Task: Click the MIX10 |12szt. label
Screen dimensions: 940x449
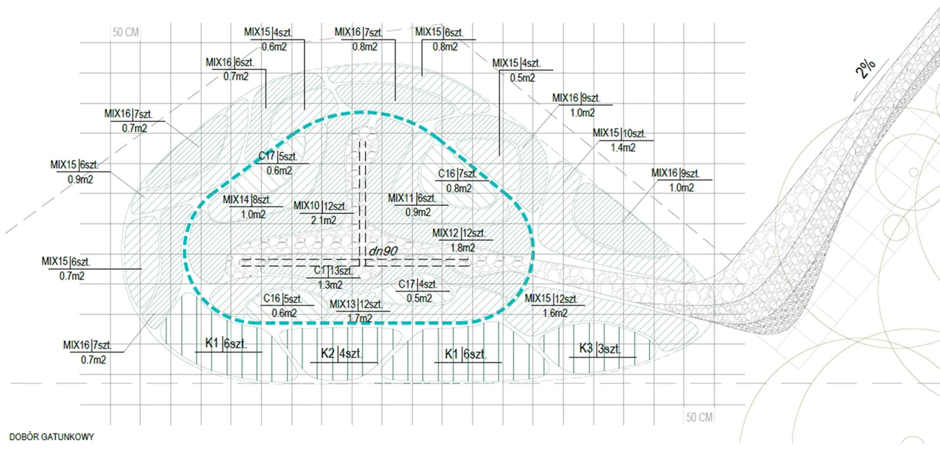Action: click(x=321, y=207)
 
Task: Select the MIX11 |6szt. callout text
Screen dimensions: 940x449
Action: click(x=412, y=198)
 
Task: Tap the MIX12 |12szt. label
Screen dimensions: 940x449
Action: click(x=459, y=233)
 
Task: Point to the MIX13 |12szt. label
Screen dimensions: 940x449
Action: click(x=356, y=305)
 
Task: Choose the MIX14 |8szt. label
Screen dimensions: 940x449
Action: click(x=247, y=200)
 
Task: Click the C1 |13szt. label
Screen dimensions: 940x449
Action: click(x=334, y=271)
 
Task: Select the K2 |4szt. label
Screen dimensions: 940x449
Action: click(x=341, y=354)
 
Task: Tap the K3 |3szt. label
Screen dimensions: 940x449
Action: click(x=600, y=349)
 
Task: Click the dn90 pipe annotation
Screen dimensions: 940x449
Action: click(x=383, y=251)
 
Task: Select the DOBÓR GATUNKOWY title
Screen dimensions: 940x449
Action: click(x=51, y=437)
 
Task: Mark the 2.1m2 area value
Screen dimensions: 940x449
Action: click(x=323, y=220)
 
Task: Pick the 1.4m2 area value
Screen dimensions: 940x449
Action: click(x=623, y=148)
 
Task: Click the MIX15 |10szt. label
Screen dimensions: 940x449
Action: click(x=619, y=134)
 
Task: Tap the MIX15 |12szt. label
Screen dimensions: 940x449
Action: click(x=551, y=299)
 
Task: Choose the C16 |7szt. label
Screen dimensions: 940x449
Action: click(x=458, y=174)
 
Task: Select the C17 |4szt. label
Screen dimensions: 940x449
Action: click(x=418, y=285)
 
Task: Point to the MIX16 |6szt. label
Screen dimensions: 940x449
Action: click(x=230, y=63)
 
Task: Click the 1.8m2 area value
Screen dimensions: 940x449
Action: click(x=463, y=248)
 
